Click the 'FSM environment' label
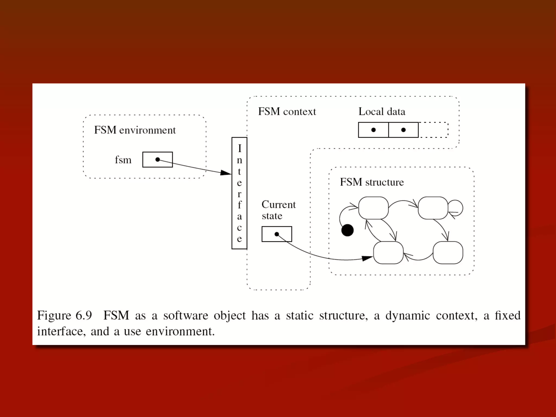(x=135, y=130)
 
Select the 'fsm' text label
(x=123, y=160)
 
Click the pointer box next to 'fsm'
(x=157, y=160)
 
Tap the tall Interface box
(x=239, y=193)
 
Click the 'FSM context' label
(x=287, y=112)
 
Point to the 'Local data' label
(x=382, y=112)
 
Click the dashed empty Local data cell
(x=433, y=130)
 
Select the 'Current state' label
(x=278, y=210)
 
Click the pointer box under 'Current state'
(x=277, y=234)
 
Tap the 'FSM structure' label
(x=372, y=182)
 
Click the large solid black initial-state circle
(x=347, y=230)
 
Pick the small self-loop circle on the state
(x=456, y=208)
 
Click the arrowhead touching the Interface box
(x=226, y=173)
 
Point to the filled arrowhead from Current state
(x=367, y=258)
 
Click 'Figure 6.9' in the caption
(x=65, y=315)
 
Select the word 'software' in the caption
(x=185, y=315)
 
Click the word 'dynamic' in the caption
(x=407, y=315)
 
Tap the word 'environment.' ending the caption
(x=180, y=331)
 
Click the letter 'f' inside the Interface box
(x=239, y=205)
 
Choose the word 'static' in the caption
(x=299, y=315)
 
